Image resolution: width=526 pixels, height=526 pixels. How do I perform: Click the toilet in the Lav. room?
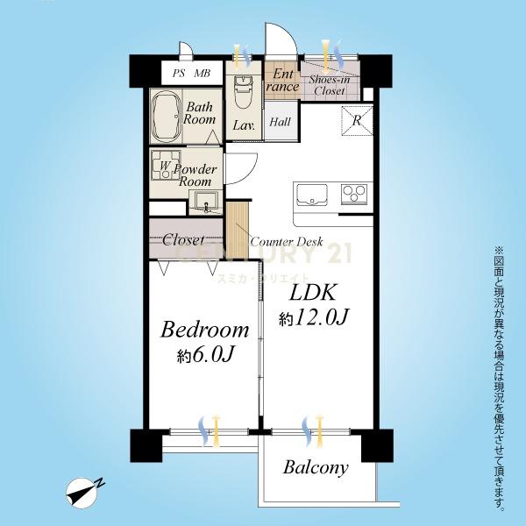(242, 91)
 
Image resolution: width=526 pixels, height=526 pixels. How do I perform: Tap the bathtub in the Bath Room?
(167, 116)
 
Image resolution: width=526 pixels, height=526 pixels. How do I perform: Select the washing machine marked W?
(166, 165)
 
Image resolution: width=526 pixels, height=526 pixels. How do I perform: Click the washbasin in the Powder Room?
(204, 202)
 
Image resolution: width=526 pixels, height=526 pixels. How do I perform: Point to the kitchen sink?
(310, 195)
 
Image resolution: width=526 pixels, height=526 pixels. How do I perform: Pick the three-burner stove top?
(354, 194)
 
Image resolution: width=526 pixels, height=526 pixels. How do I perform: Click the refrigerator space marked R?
(358, 121)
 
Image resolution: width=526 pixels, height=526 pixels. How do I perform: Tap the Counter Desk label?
(287, 242)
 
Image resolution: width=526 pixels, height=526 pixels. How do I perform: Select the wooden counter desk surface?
(238, 230)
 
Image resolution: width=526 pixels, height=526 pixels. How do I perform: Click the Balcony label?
(316, 467)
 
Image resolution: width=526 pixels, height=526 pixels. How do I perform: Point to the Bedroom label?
(204, 331)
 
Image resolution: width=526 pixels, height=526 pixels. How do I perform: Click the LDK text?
(313, 292)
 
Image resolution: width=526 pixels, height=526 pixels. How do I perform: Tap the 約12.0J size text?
(314, 317)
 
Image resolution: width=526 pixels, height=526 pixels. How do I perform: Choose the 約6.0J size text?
(204, 355)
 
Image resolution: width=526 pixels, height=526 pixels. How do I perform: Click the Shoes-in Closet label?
(330, 85)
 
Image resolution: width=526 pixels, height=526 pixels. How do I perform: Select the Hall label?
(281, 122)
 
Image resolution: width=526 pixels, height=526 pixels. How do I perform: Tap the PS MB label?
(191, 73)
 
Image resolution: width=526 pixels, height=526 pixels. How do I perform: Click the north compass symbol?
(84, 492)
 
